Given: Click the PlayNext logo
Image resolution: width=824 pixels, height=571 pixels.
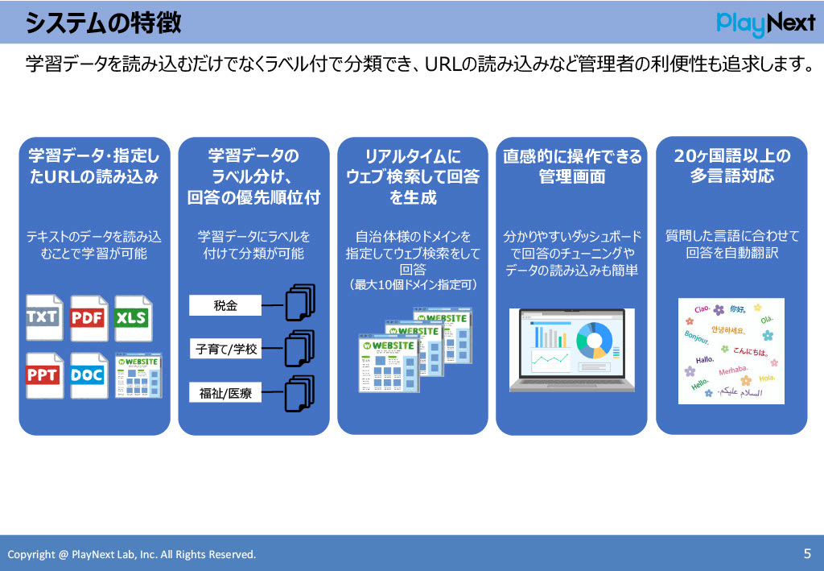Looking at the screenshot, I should [765, 23].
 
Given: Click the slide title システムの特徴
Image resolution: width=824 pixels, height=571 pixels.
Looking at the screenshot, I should [103, 23].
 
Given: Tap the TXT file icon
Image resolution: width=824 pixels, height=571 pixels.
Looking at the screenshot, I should [43, 317].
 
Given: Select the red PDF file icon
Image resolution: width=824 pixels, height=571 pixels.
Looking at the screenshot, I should [88, 317].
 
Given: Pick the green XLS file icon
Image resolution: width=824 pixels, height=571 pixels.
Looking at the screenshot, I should [132, 317].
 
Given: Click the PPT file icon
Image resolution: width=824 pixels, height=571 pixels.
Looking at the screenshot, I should [43, 375].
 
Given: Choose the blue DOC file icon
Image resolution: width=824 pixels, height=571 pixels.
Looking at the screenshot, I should [88, 375].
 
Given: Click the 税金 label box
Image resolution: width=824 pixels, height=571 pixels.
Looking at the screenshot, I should [225, 305].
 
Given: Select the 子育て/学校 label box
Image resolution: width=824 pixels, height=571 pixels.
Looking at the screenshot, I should [225, 350].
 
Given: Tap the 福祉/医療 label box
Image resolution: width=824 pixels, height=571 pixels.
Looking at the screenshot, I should [225, 393].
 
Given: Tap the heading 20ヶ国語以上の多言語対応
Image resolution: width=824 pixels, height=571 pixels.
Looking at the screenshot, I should [731, 166].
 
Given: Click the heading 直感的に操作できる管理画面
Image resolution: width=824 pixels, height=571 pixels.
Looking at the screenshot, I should [572, 166].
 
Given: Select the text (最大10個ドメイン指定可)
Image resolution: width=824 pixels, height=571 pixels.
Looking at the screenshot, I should [413, 284].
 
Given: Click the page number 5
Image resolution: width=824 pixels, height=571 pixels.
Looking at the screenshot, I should [807, 553].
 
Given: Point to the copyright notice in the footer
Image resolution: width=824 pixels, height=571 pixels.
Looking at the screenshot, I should [132, 554].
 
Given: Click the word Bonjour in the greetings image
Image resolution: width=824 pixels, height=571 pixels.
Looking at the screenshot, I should [697, 335].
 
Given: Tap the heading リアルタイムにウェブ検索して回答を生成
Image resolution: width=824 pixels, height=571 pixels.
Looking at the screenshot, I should [413, 176].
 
